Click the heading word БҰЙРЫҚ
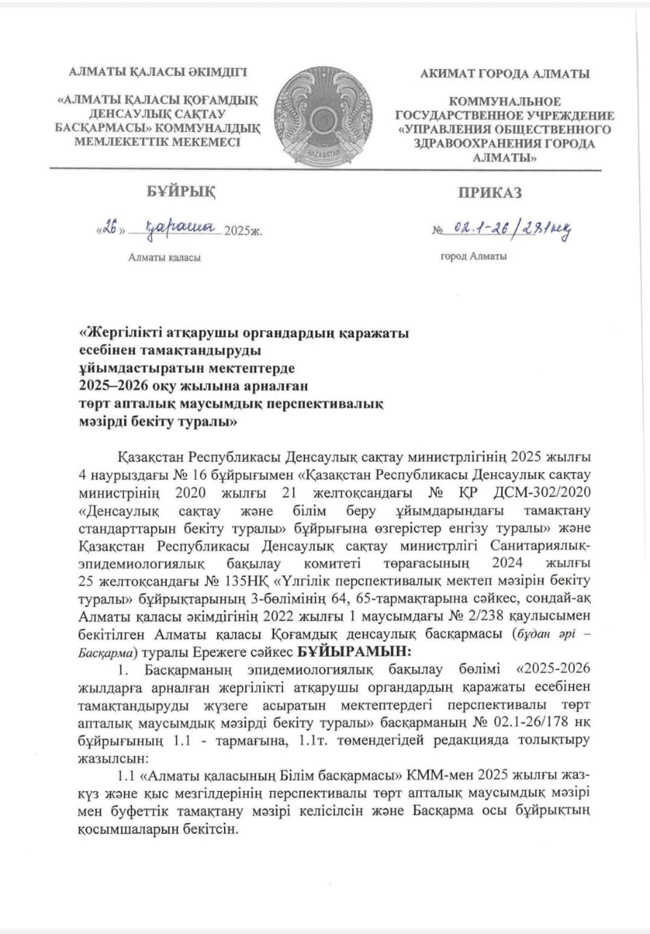tap(181, 192)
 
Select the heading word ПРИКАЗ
tap(490, 193)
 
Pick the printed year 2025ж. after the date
tap(242, 231)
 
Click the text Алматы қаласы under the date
tap(165, 257)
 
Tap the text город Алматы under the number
tap(473, 256)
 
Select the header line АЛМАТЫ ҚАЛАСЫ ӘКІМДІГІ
tap(158, 72)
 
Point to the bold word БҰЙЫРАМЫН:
tap(355, 649)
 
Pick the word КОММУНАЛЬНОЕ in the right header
tap(505, 101)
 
